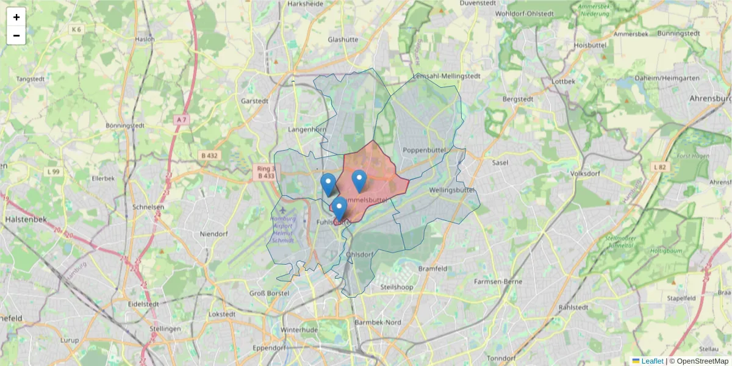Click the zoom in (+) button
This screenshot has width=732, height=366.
16,17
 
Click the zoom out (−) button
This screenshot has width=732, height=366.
16,35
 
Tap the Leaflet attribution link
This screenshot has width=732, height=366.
651,361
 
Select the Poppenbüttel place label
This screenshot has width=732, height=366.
425,150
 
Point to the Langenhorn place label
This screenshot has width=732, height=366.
307,129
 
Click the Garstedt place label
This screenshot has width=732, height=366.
255,101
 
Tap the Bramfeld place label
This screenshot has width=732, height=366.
433,268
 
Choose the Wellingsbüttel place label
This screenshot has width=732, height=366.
452,190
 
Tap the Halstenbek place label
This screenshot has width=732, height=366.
23,218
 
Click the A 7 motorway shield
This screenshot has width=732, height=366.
181,120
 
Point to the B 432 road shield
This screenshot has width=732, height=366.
209,156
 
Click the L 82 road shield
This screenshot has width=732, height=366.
659,167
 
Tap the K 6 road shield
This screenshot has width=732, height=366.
76,29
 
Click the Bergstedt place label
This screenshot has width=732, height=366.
518,99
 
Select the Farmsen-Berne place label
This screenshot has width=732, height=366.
498,282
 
